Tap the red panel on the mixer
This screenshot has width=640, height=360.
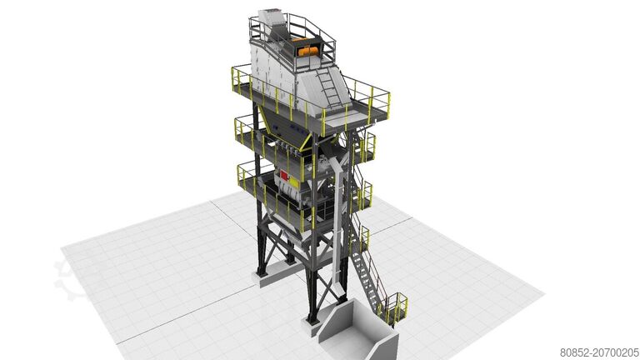(283, 176)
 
